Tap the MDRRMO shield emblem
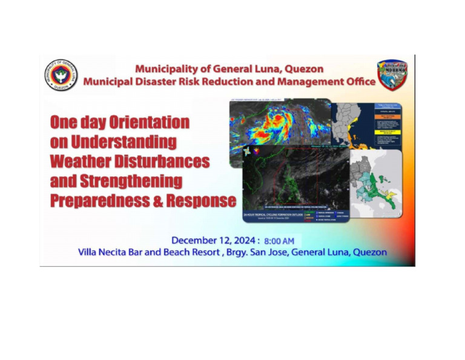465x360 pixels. point(393,75)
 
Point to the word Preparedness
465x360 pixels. point(102,201)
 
